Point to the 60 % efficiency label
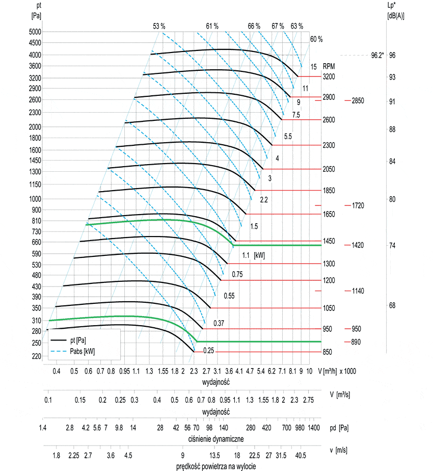pos(316,39)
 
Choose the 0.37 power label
pos(219,323)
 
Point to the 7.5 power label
pos(295,115)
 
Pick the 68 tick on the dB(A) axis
pos(392,305)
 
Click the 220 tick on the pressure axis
pos(36,357)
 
